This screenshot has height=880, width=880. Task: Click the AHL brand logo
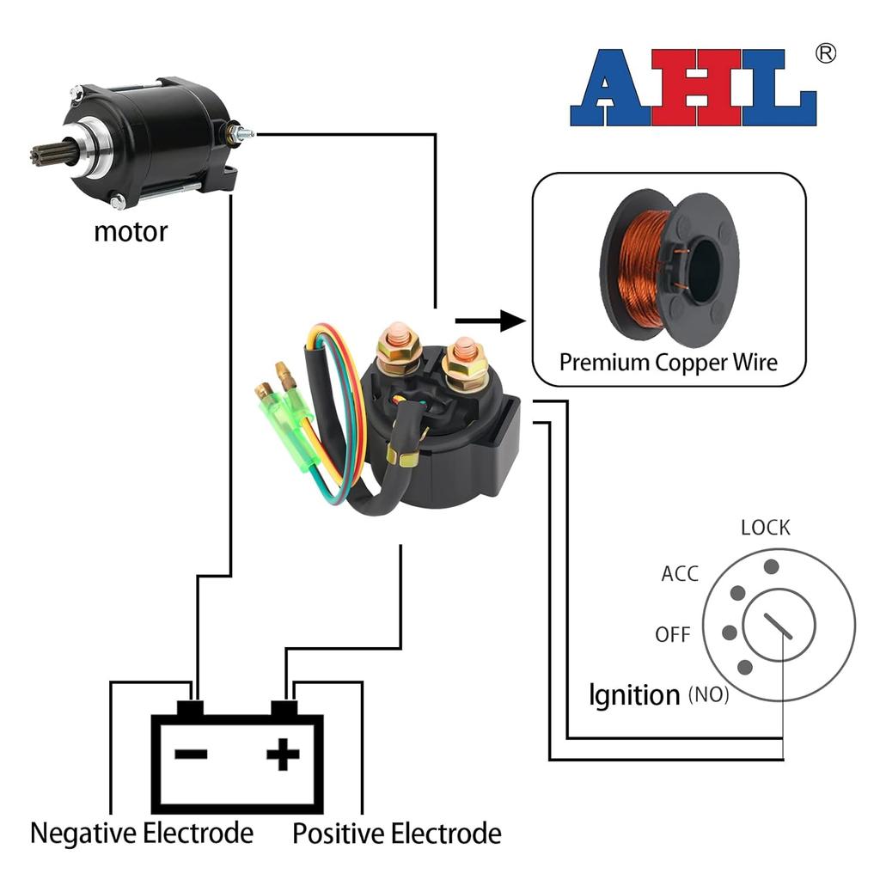coord(693,88)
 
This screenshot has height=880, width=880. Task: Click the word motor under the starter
coord(131,231)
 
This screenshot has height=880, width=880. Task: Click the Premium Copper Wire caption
coord(668,362)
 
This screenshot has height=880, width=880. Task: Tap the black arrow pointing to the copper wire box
coord(490,321)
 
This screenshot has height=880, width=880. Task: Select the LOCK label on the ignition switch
coord(765,528)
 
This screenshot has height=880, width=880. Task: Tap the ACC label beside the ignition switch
coord(680,574)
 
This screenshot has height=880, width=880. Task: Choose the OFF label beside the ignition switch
coord(673,635)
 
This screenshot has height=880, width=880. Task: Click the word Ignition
coord(634,694)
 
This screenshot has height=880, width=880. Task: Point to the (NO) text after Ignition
coord(708,694)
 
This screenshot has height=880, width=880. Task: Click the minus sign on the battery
coord(191,755)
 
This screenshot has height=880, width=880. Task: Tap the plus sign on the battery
coord(283,756)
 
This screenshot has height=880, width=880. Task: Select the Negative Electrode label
coord(142,833)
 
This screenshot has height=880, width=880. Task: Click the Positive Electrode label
coord(397,833)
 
